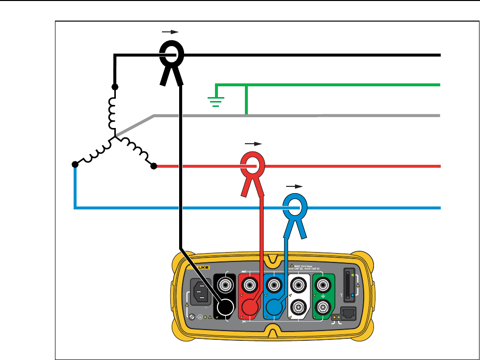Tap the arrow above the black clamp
pyautogui.click(x=170, y=31)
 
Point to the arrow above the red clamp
pyautogui.click(x=253, y=144)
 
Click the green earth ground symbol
pyautogui.click(x=215, y=101)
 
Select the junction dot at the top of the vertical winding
pyautogui.click(x=115, y=87)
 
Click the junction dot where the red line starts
pyautogui.click(x=153, y=166)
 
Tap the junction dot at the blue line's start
pyautogui.click(x=75, y=164)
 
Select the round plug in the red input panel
pyautogui.click(x=250, y=308)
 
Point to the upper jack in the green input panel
pyautogui.click(x=322, y=284)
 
